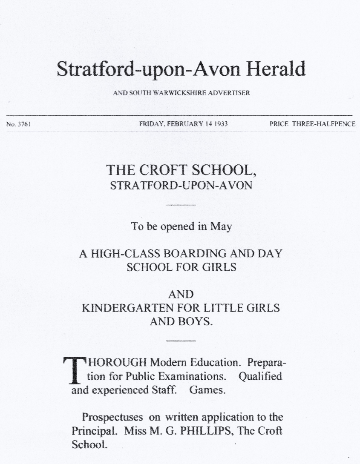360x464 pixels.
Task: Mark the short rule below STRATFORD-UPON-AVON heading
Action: point(181,205)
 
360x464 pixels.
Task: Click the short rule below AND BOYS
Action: point(181,341)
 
